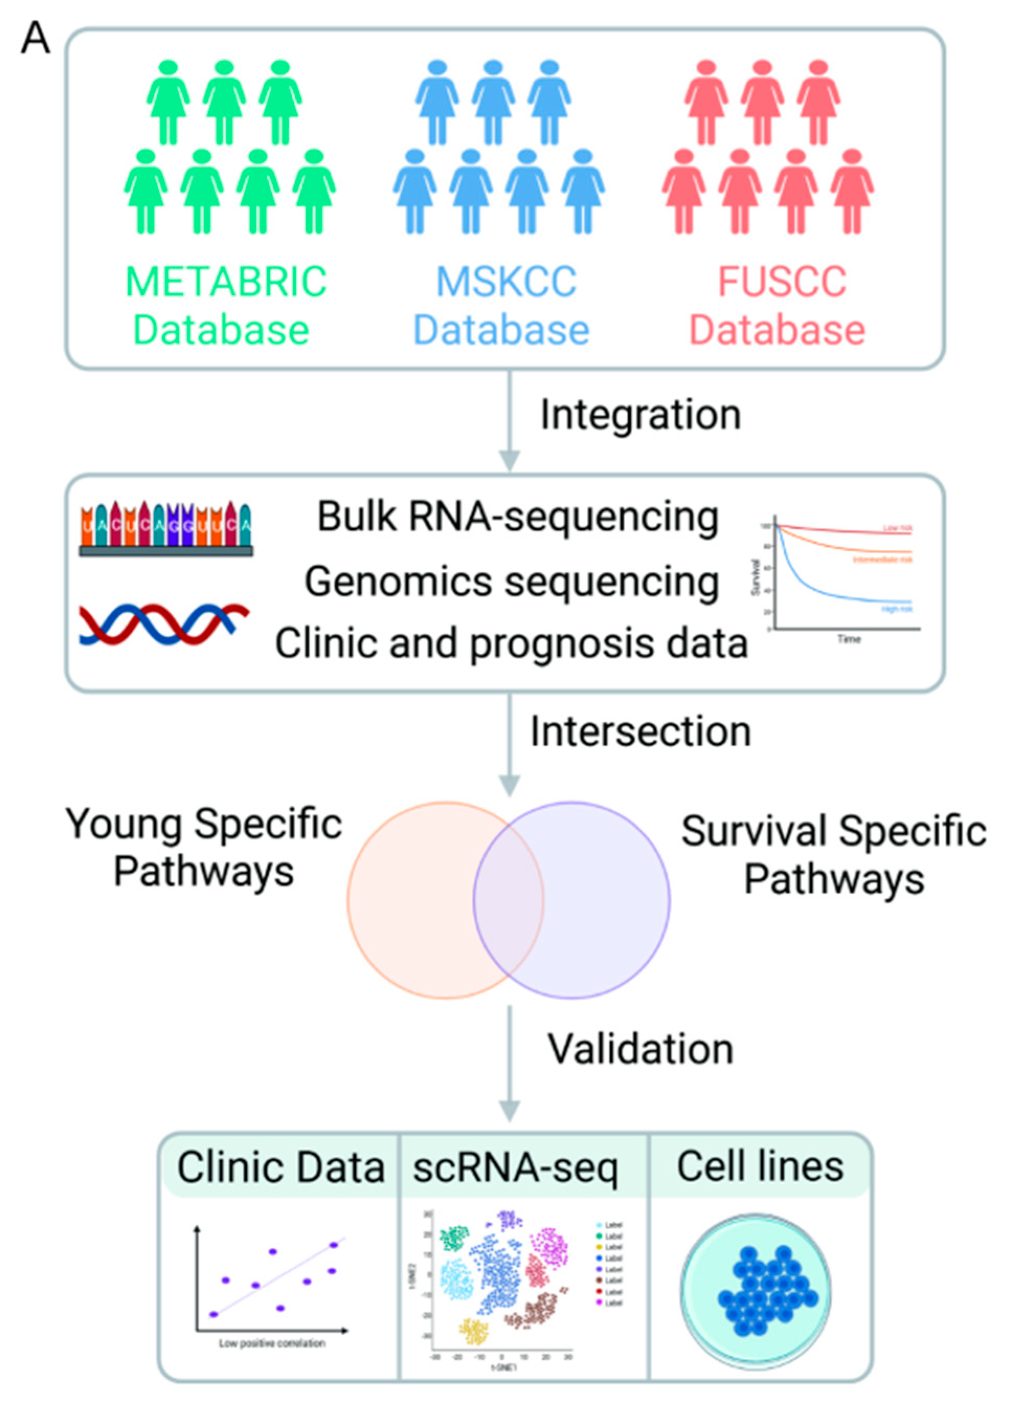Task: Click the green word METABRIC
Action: (225, 282)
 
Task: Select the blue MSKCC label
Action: (506, 282)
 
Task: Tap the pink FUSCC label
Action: (782, 282)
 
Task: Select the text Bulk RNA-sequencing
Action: (517, 517)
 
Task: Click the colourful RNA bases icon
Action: (166, 529)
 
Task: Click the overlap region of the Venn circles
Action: (509, 900)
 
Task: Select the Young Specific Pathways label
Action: (204, 848)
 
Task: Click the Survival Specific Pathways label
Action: (833, 854)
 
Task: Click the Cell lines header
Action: (760, 1166)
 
